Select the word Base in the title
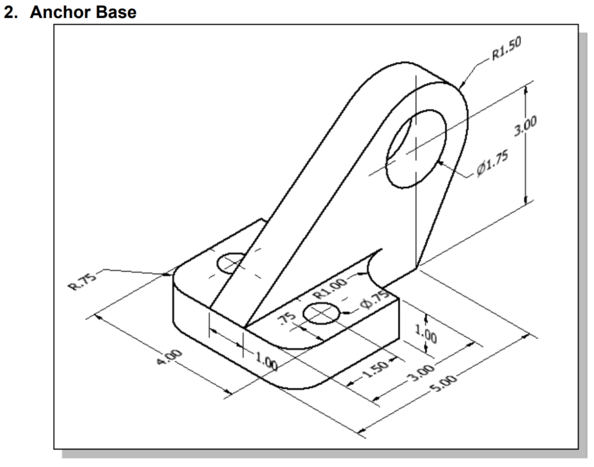click(116, 12)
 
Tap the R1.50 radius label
click(506, 53)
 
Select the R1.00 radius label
click(334, 287)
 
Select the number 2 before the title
click(11, 12)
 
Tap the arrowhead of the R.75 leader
click(169, 273)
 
